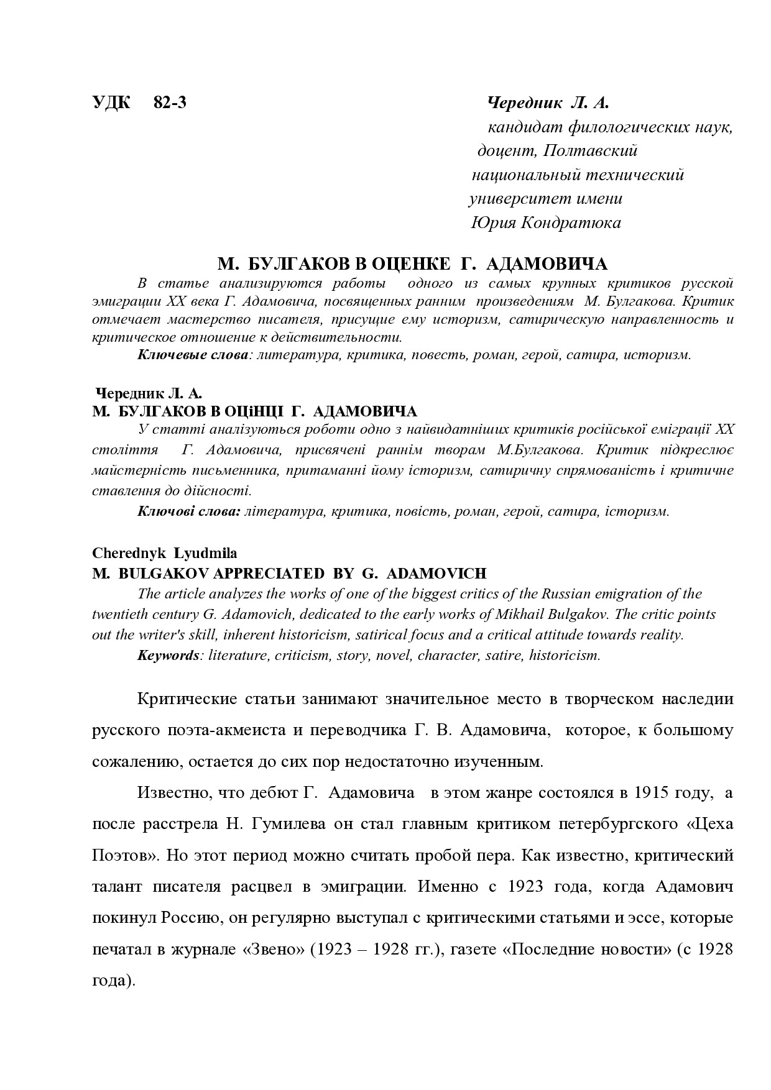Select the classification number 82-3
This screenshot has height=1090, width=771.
click(170, 103)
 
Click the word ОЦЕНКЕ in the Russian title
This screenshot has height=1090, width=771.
click(410, 265)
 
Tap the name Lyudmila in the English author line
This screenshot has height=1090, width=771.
click(205, 552)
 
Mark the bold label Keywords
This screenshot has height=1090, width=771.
click(168, 656)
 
